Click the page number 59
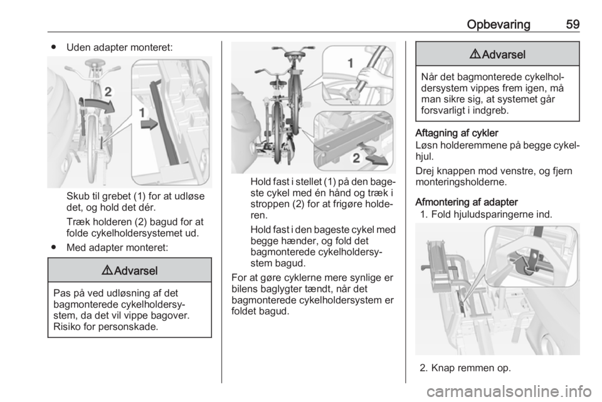pyautogui.click(x=573, y=24)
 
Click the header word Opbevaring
pyautogui.click(x=499, y=24)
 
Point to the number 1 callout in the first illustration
pyautogui.click(x=142, y=113)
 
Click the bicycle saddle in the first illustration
pyautogui.click(x=95, y=63)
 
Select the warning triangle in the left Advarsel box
pyautogui.click(x=107, y=271)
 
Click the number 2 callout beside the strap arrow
pyautogui.click(x=356, y=158)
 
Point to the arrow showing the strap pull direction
pyautogui.click(x=376, y=160)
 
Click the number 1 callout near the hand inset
pyautogui.click(x=350, y=63)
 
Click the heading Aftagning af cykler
pyautogui.click(x=457, y=133)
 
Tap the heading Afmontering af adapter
pyautogui.click(x=467, y=202)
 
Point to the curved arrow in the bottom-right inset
pyautogui.click(x=519, y=265)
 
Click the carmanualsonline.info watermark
pyautogui.click(x=509, y=391)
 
